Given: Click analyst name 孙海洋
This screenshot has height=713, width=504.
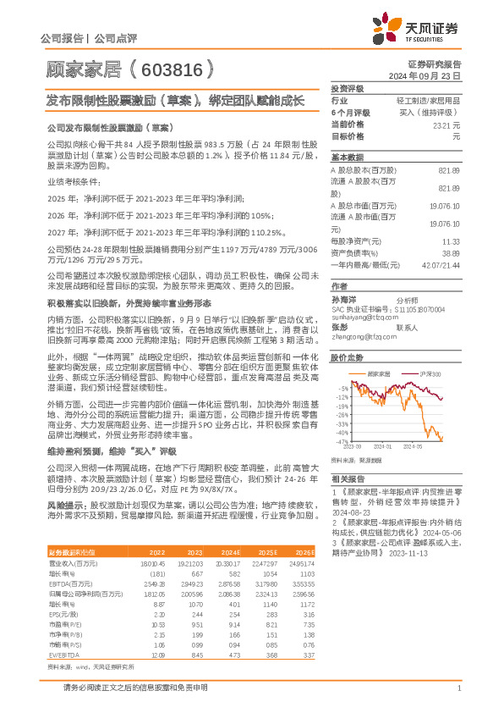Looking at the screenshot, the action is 341,299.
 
